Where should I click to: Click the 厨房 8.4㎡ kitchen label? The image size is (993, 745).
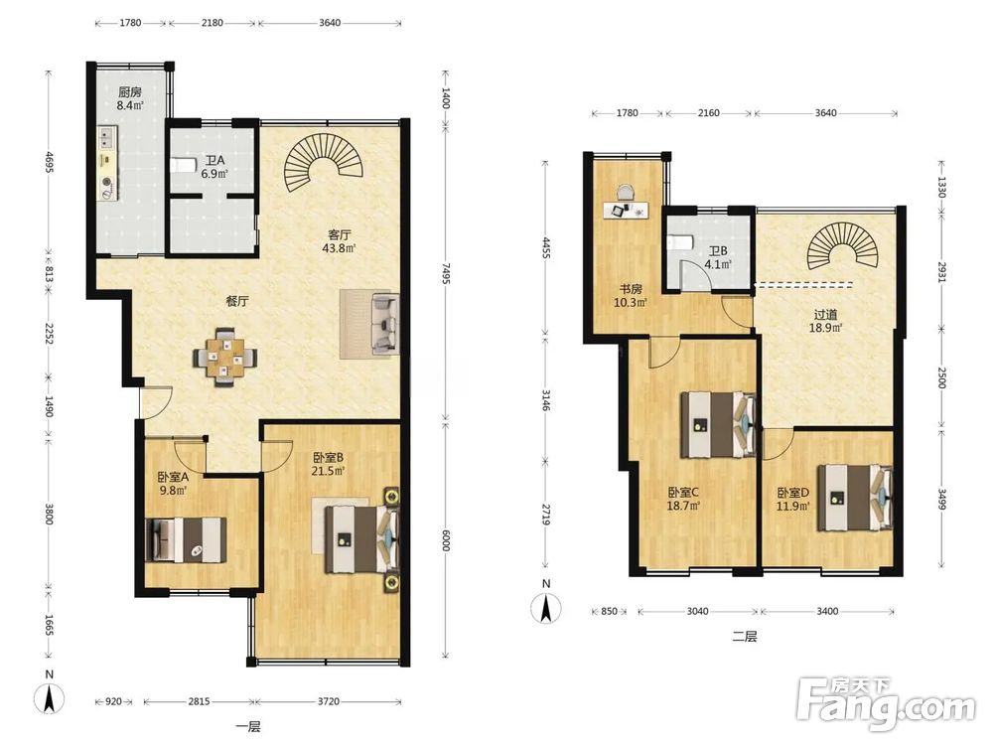pyautogui.click(x=129, y=98)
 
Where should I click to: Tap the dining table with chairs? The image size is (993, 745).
pyautogui.click(x=225, y=357)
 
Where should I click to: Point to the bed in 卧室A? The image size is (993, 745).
pyautogui.click(x=186, y=539)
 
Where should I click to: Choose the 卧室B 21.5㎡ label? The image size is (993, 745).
pyautogui.click(x=328, y=464)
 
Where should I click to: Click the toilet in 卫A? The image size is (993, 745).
pyautogui.click(x=183, y=165)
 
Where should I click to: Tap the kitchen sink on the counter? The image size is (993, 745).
pyautogui.click(x=105, y=136)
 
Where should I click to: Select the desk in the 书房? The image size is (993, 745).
pyautogui.click(x=626, y=209)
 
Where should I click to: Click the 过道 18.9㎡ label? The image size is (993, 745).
pyautogui.click(x=825, y=321)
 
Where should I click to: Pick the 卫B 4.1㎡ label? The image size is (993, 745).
pyautogui.click(x=718, y=258)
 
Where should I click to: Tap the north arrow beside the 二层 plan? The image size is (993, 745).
pyautogui.click(x=546, y=608)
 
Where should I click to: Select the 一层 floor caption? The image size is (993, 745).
pyautogui.click(x=247, y=727)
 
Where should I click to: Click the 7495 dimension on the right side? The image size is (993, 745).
pyautogui.click(x=446, y=275)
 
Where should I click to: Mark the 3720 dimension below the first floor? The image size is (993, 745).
pyautogui.click(x=328, y=701)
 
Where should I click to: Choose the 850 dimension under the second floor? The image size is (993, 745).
pyautogui.click(x=609, y=611)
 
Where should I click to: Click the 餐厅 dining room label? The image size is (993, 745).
pyautogui.click(x=237, y=302)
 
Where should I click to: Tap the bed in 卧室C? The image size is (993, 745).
pyautogui.click(x=719, y=424)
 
